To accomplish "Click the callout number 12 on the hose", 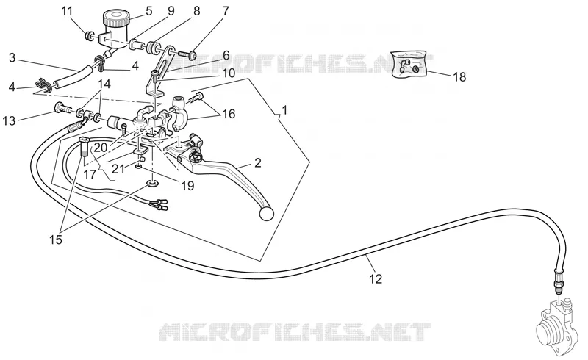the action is [376, 278].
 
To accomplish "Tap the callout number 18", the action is [459, 77].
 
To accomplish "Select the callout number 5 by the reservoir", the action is [149, 11].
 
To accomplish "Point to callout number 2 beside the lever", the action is [258, 163].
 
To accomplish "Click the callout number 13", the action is [10, 120].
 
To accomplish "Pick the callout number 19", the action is [188, 185].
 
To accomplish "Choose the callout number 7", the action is [226, 11].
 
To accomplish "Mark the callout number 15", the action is [56, 240].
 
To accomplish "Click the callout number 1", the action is [284, 110].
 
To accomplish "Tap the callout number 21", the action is [118, 169].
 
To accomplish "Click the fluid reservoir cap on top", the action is [116, 16].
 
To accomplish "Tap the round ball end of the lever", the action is [266, 213].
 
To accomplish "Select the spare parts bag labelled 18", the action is [409, 64].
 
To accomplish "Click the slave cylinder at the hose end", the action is [553, 325].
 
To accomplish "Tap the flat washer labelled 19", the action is [153, 184].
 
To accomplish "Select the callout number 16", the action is [229, 114].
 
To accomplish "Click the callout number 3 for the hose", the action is [12, 58].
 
